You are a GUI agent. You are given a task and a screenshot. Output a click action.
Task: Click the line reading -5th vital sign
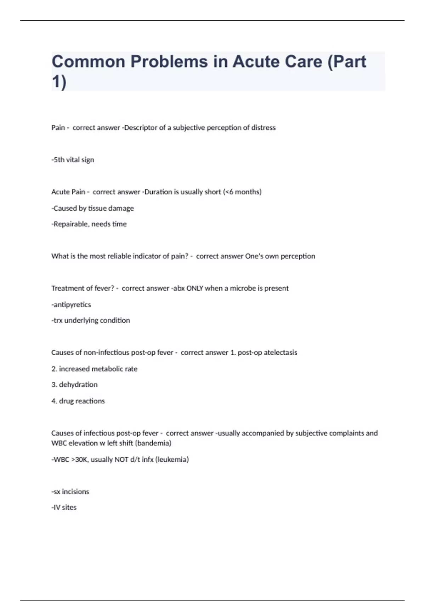[73, 160]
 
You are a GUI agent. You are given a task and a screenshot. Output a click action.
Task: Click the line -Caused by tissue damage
[93, 208]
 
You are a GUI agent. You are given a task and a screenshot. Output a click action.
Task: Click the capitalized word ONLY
[195, 288]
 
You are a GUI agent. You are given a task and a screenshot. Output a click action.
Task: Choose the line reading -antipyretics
[71, 305]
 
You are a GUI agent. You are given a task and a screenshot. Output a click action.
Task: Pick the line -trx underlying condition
[91, 321]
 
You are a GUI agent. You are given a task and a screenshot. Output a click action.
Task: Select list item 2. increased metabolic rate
[94, 369]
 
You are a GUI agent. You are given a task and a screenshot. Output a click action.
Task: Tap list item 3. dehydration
[74, 385]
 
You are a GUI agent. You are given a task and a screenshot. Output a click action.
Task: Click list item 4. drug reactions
[78, 401]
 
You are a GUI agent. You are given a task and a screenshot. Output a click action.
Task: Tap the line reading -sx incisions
[70, 492]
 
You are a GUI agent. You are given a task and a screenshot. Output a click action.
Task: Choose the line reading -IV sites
[64, 508]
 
